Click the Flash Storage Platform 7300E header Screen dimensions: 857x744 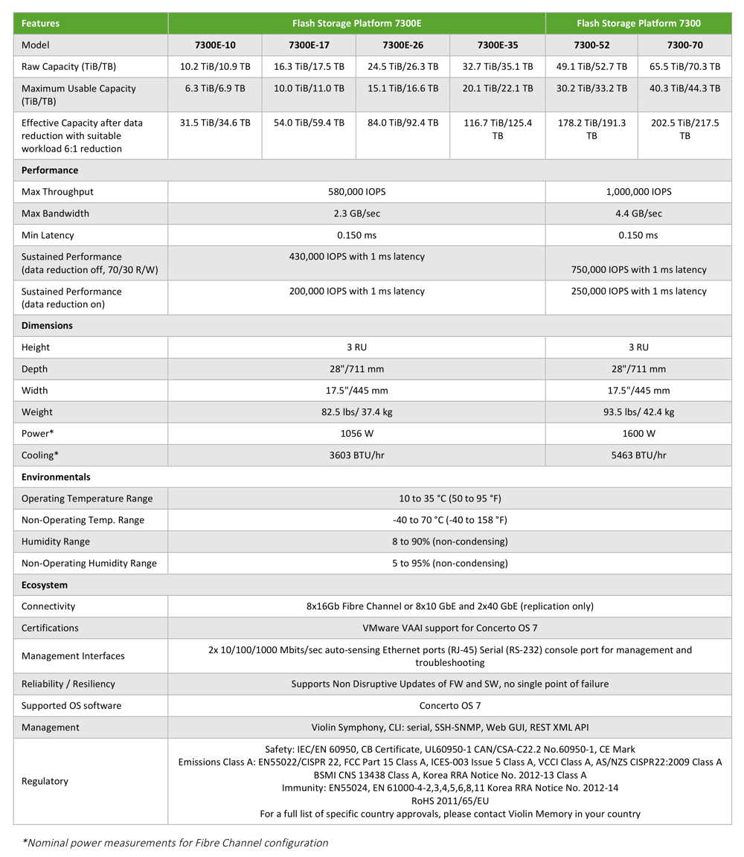point(356,23)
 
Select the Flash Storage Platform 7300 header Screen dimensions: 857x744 point(638,23)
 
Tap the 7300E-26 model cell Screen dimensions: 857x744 point(403,45)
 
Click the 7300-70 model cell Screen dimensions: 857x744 point(684,45)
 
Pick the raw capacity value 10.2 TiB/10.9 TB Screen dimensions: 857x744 point(215,66)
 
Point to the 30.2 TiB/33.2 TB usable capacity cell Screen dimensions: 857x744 point(591,88)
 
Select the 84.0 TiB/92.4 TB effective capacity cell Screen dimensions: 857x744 point(403,123)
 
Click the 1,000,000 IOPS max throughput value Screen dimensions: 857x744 point(638,192)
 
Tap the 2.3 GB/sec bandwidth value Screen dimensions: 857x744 point(356,214)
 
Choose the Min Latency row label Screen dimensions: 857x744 point(48,235)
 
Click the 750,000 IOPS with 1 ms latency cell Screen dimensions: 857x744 point(638,269)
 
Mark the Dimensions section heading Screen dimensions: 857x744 point(47,326)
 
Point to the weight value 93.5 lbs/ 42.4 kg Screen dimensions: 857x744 point(638,412)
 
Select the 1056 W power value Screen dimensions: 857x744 point(356,433)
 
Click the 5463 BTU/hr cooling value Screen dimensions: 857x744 point(638,455)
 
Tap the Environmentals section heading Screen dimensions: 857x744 point(56,477)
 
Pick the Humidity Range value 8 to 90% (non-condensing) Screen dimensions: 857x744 point(449,542)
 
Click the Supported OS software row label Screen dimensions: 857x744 point(71,705)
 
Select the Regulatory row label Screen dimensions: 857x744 point(45,781)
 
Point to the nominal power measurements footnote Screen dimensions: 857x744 point(176,843)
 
